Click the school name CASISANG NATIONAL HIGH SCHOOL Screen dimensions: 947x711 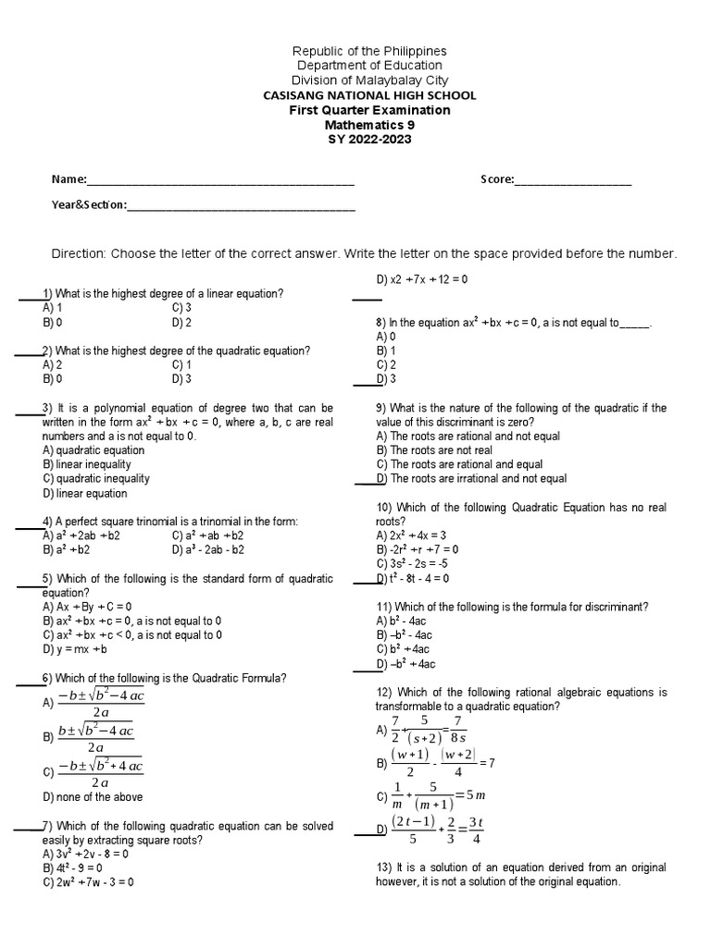[369, 95]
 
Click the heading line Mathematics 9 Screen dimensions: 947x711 [369, 125]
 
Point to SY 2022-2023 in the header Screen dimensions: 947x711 [369, 140]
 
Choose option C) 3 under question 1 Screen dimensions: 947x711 [181, 307]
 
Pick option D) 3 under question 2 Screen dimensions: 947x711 [181, 378]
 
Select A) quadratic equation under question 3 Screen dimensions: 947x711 [94, 450]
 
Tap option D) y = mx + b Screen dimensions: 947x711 [75, 650]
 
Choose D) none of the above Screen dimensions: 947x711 [93, 797]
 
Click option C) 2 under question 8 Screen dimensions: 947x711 [386, 364]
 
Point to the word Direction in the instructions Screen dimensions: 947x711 [79, 253]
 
